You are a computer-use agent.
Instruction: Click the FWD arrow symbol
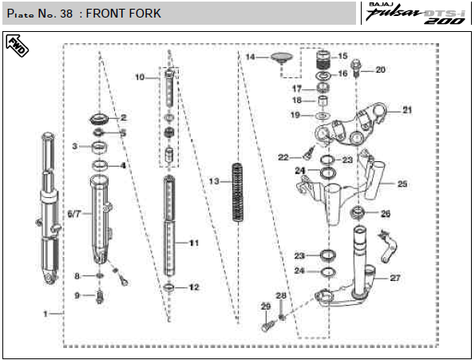[17, 45]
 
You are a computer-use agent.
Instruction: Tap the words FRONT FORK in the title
[123, 14]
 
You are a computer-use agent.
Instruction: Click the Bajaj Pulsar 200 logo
[416, 14]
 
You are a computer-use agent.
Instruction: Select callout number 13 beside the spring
[214, 181]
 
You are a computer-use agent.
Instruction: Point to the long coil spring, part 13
[238, 192]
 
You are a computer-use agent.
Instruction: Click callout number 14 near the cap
[250, 57]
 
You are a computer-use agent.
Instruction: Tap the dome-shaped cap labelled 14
[282, 57]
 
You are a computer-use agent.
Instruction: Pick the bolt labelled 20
[356, 68]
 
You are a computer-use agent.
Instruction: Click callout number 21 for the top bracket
[407, 110]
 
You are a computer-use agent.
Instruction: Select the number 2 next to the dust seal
[123, 117]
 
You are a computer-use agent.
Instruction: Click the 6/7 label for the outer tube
[74, 214]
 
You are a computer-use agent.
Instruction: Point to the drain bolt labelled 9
[100, 296]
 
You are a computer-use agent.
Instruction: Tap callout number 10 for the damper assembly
[140, 77]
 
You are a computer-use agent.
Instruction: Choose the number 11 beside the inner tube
[194, 243]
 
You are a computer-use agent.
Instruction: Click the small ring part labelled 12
[169, 287]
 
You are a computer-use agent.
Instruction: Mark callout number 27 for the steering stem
[394, 278]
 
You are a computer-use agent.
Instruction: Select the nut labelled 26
[358, 212]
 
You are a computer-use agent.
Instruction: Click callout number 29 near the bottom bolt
[266, 307]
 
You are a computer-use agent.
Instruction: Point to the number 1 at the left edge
[46, 314]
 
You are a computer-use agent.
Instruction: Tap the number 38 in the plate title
[66, 14]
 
